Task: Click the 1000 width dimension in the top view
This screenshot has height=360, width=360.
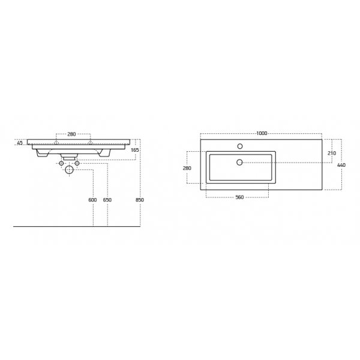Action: point(260,133)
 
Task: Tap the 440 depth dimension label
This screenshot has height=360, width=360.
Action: point(341,165)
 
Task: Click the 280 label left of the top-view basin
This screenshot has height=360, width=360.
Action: point(187,168)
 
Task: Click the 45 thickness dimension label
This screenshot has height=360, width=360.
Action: point(20,143)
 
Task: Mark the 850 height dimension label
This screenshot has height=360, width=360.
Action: point(139,200)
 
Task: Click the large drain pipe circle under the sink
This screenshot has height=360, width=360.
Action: point(69,170)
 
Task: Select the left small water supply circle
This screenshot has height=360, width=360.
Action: point(61,163)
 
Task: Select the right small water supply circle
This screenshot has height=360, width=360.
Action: point(77,163)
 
